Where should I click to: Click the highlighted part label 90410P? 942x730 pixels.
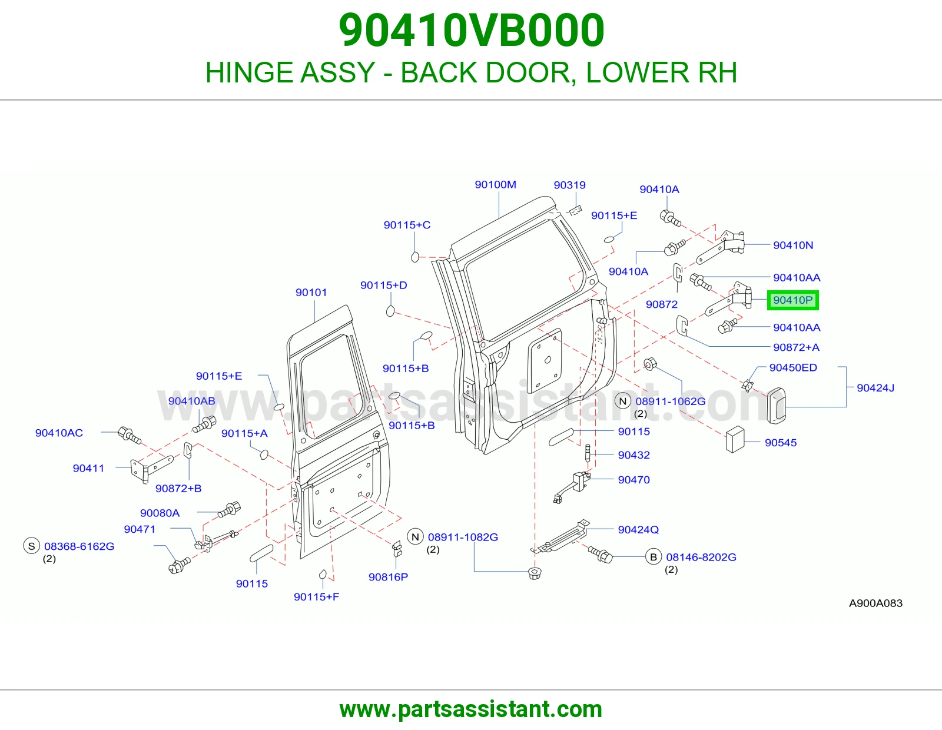pos(792,300)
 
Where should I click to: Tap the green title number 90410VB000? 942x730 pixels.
pos(471,31)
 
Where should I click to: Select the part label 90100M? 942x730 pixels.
pos(495,185)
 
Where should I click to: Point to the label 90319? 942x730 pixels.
pos(569,185)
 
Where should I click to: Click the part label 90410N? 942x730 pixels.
pos(793,245)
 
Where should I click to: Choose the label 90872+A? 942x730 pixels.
pos(796,347)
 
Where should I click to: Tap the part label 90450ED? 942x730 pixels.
pos(793,367)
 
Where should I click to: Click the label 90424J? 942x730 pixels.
pos(875,388)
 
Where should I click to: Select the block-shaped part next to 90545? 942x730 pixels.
pos(735,440)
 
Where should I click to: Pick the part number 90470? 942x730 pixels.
pos(633,480)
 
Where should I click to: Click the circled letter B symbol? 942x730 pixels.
pos(654,557)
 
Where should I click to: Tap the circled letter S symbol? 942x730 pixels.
pos(32,546)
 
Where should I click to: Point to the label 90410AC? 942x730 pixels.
pos(59,433)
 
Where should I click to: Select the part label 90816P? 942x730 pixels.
pos(388,577)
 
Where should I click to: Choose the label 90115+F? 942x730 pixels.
pos(317,597)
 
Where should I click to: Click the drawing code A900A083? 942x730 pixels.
pos(875,603)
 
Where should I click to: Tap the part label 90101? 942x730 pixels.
pos(311,293)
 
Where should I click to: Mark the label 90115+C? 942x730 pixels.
pos(407,225)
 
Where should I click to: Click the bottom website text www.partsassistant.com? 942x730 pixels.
pos(471,709)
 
